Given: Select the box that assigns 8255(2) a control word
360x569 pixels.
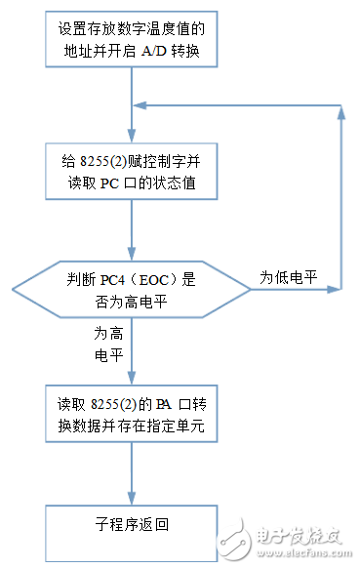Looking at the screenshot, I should tap(130, 172).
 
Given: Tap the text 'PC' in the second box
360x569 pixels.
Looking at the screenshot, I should tap(112, 184).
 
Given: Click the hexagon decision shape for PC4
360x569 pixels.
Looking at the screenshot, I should tap(130, 290).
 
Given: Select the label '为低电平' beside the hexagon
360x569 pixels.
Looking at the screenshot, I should tap(288, 277).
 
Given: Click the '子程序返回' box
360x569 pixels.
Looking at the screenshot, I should tap(130, 525).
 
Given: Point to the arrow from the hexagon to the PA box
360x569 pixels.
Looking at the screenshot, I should tap(130, 351).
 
